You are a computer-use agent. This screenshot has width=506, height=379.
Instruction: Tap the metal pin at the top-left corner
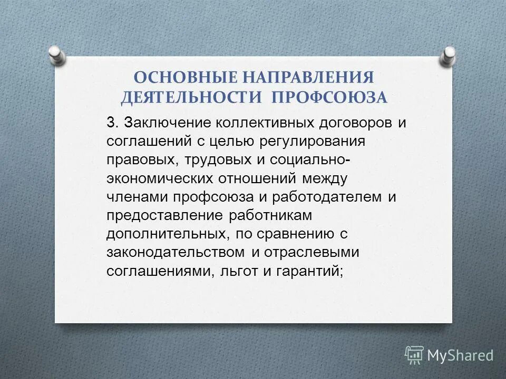(56, 54)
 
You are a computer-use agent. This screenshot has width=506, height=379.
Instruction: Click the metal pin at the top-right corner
(449, 55)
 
